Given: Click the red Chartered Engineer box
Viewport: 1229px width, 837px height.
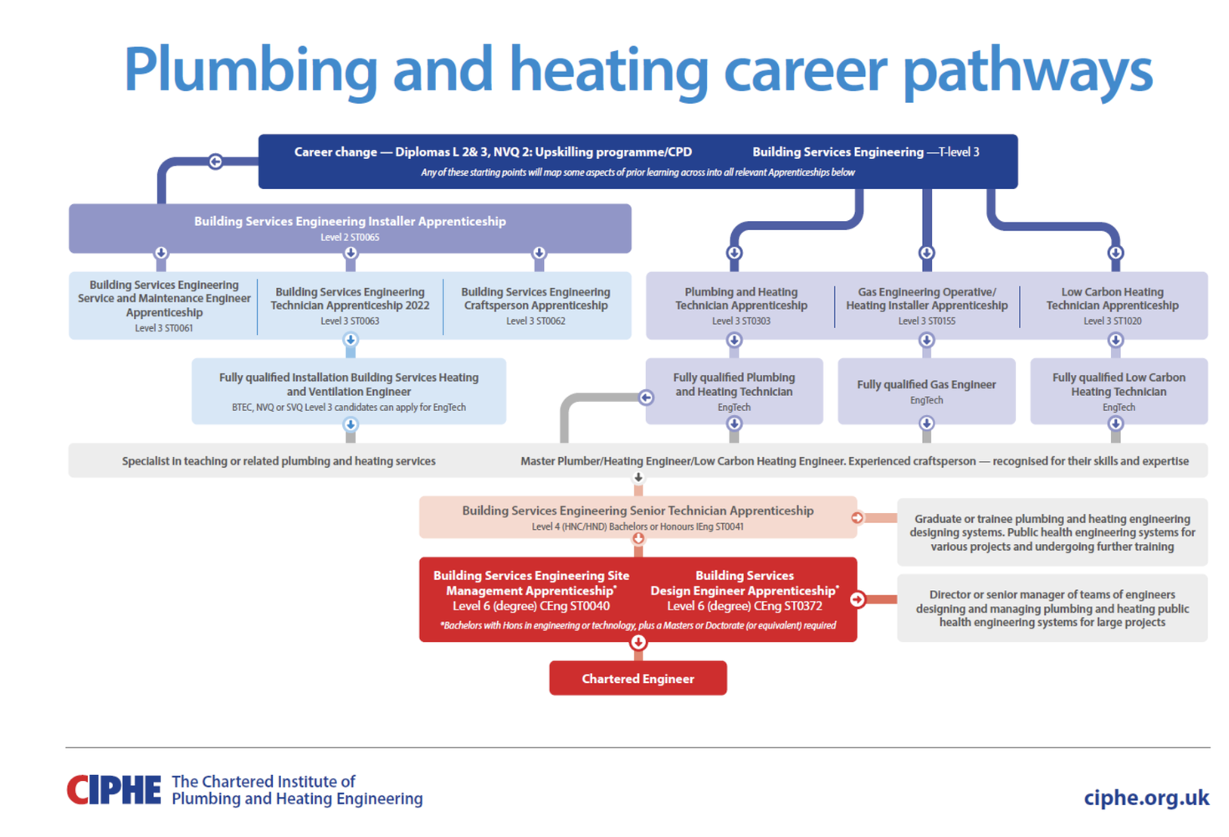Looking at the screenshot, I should click(638, 678).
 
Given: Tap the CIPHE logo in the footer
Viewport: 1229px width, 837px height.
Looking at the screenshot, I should click(114, 789).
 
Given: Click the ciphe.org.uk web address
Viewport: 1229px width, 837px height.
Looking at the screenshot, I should click(1145, 798).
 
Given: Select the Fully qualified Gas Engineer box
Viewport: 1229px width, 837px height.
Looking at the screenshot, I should click(926, 391).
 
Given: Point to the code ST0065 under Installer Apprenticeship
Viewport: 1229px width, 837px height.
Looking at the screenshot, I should click(365, 238).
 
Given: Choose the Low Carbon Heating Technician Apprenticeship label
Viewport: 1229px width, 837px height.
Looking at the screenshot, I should click(1112, 299).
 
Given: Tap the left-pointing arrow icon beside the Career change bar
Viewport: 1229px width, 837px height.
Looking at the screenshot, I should click(215, 162).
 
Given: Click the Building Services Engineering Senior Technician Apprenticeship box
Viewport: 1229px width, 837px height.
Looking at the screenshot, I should click(638, 517).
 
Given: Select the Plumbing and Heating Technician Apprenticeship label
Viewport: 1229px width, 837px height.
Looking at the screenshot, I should click(741, 299).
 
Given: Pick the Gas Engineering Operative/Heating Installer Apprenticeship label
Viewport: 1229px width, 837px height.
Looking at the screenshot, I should click(926, 299).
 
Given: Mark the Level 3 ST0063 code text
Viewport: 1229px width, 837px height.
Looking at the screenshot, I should click(350, 321).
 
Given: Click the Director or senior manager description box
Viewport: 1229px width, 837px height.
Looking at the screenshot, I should click(1052, 608).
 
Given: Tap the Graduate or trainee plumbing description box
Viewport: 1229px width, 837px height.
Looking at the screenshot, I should click(1052, 532).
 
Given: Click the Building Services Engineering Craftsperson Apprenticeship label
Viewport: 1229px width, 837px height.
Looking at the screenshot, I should click(535, 299).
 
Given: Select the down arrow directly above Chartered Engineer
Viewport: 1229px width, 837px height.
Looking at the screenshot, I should click(638, 642).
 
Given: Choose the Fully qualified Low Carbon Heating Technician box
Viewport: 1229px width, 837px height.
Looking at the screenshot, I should click(1119, 391).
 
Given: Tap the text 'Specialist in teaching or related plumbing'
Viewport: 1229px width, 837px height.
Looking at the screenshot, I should click(279, 461).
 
